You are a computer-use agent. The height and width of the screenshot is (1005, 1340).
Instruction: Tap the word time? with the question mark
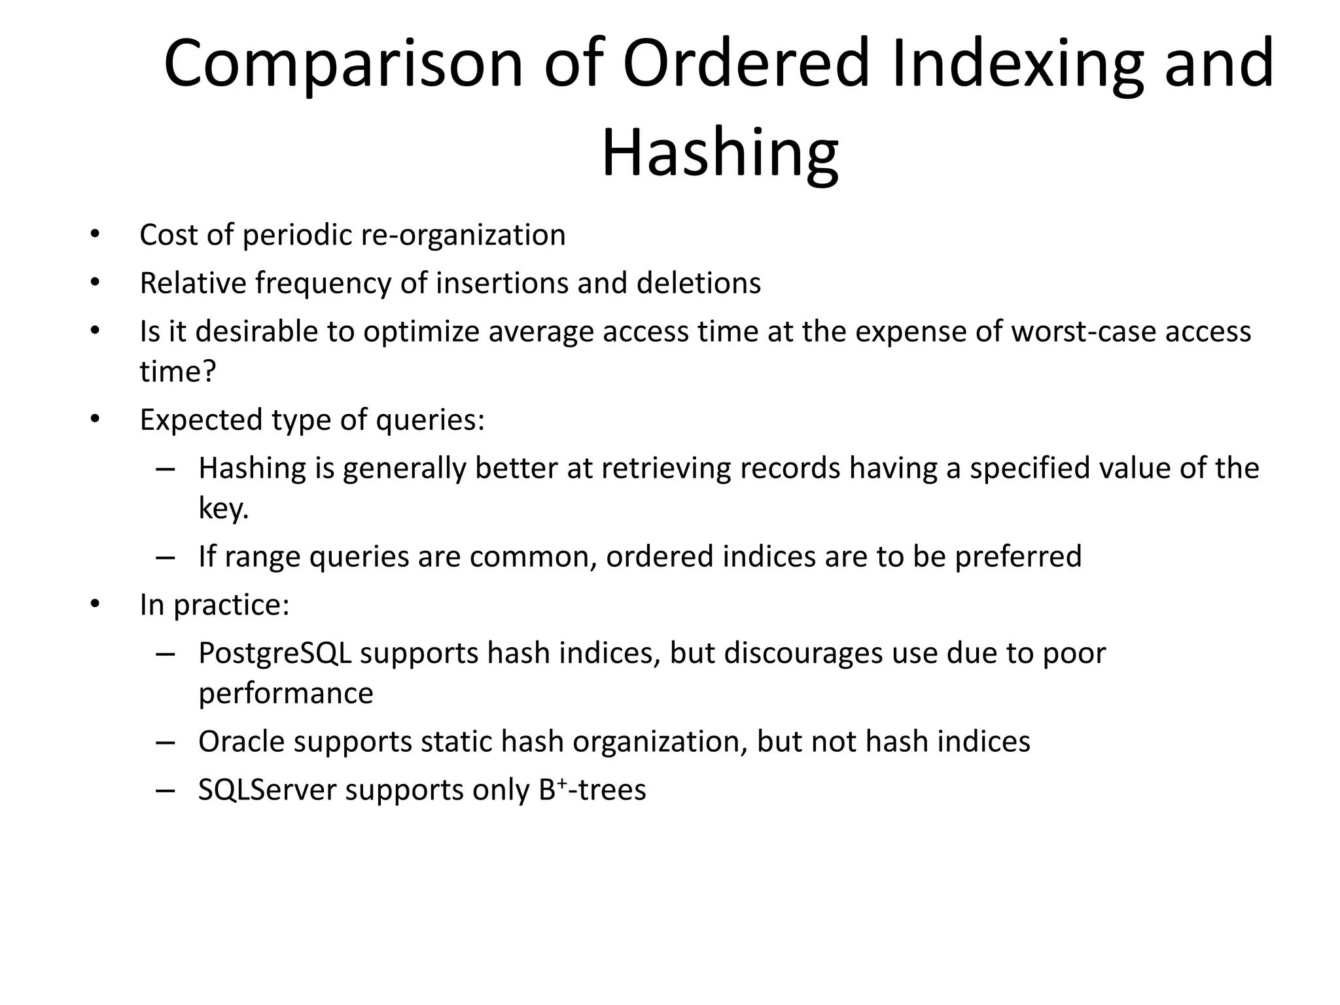pos(177,372)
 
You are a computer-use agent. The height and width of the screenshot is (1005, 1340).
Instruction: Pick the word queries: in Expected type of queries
pos(430,419)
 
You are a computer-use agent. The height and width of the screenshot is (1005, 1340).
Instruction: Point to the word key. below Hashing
pos(224,508)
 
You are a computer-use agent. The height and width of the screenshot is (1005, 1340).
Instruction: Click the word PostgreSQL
pos(275,653)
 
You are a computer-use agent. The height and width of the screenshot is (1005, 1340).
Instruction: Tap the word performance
pos(285,693)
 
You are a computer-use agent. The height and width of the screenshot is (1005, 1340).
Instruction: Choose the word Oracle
pos(241,741)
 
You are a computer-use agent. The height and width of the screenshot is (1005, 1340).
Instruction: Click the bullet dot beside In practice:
pos(95,605)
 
